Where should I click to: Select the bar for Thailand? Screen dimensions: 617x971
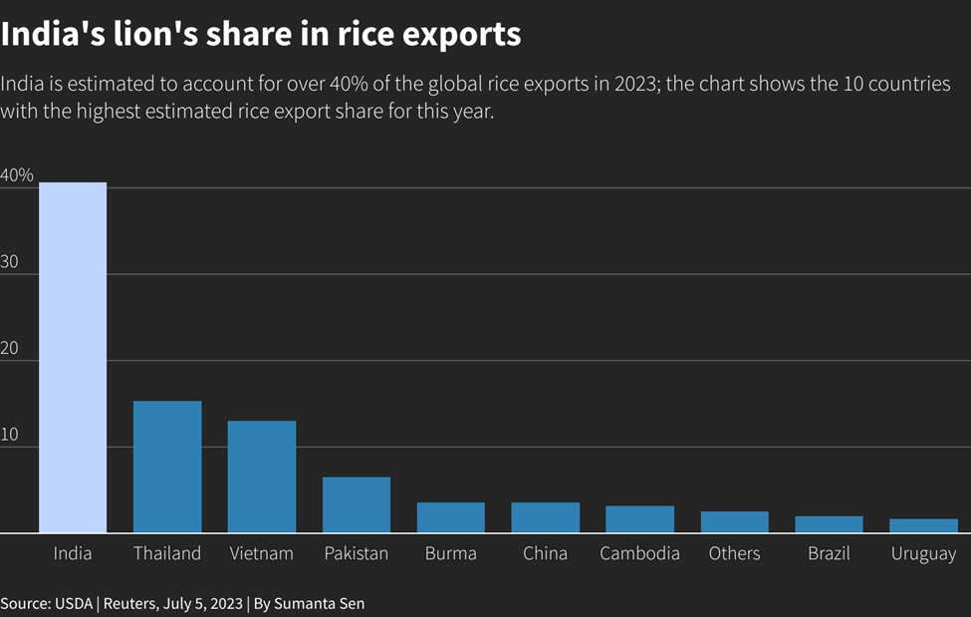[167, 466]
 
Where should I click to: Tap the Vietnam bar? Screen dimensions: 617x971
[261, 476]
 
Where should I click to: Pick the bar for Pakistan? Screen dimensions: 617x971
[356, 504]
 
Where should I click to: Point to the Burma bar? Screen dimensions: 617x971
[450, 517]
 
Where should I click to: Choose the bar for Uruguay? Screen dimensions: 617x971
[923, 525]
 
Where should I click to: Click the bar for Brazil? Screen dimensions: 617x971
[829, 524]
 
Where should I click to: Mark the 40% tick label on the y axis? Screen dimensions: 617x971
[17, 175]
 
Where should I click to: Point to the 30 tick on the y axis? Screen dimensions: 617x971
[10, 261]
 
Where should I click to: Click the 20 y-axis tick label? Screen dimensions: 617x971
[10, 348]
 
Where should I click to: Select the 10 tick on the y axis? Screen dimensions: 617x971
[10, 435]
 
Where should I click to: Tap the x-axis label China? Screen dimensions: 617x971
[545, 553]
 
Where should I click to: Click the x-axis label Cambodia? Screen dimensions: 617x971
[639, 553]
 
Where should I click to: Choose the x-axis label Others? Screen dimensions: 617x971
[734, 553]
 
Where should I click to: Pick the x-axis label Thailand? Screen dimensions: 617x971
[167, 553]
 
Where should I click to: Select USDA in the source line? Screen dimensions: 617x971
[72, 604]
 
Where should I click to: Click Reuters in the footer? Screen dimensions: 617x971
[129, 604]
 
